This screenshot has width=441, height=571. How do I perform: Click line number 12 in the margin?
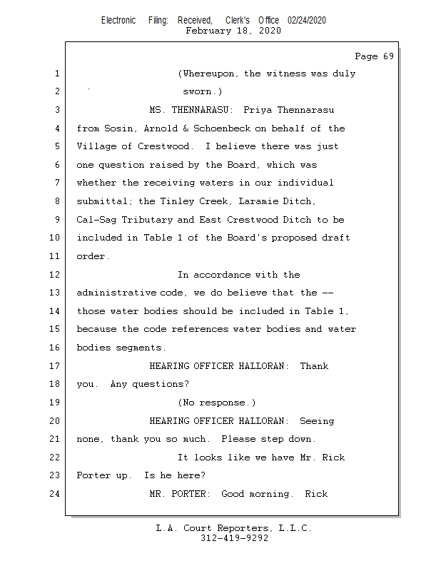(x=56, y=275)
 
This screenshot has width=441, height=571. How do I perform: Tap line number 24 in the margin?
(x=56, y=494)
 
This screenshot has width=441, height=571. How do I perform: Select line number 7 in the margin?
(x=56, y=183)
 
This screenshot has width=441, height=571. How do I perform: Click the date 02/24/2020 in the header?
(x=306, y=21)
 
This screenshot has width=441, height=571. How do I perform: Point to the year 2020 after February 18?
(x=269, y=31)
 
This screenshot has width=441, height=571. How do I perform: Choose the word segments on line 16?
(x=141, y=348)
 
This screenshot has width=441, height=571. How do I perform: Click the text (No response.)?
(x=216, y=403)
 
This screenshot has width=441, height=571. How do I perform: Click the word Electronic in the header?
(x=118, y=21)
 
